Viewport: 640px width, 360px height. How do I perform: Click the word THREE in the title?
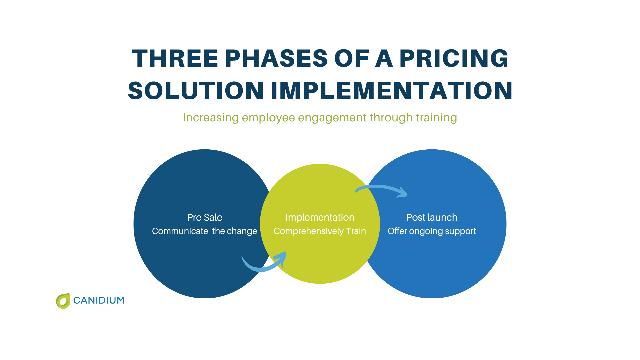pos(175,59)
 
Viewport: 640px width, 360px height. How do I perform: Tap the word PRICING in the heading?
pos(454,59)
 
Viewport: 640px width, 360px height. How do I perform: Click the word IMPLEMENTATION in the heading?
pos(391,91)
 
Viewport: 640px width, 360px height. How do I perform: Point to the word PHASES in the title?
pos(276,59)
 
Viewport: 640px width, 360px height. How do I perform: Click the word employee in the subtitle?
pos(268,118)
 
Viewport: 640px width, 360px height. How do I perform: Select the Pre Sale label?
pos(204,217)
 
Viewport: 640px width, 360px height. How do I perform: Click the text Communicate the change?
pos(204,231)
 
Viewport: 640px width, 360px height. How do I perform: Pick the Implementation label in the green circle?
pos(320,217)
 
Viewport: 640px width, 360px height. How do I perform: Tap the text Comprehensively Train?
pos(320,231)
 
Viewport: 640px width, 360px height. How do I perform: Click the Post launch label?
pos(432,217)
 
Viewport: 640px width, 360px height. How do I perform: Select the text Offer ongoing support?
pos(432,231)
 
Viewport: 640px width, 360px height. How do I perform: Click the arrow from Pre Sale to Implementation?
pos(263,265)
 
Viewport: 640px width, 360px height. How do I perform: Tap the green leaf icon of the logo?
pos(63,301)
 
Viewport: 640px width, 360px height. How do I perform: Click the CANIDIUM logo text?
pos(99,300)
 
